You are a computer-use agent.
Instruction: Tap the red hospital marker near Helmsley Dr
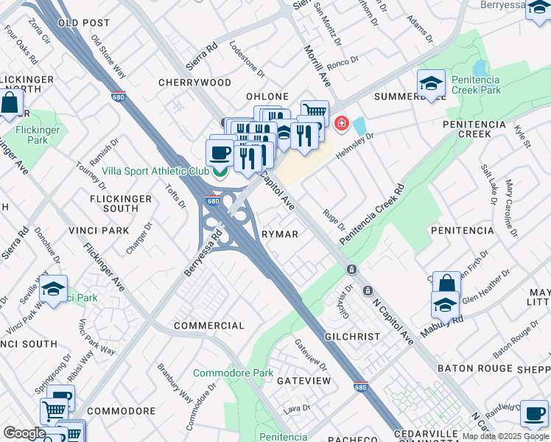(341, 122)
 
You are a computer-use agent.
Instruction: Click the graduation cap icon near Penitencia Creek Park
(431, 84)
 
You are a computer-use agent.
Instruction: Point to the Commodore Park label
(233, 373)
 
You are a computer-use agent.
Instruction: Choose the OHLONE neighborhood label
(267, 97)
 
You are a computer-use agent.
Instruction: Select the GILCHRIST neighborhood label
(352, 337)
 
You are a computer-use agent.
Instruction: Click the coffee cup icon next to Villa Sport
(219, 152)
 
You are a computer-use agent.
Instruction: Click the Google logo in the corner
(24, 433)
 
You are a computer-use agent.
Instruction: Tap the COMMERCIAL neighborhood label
(208, 326)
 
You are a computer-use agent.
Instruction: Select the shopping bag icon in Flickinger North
(10, 104)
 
